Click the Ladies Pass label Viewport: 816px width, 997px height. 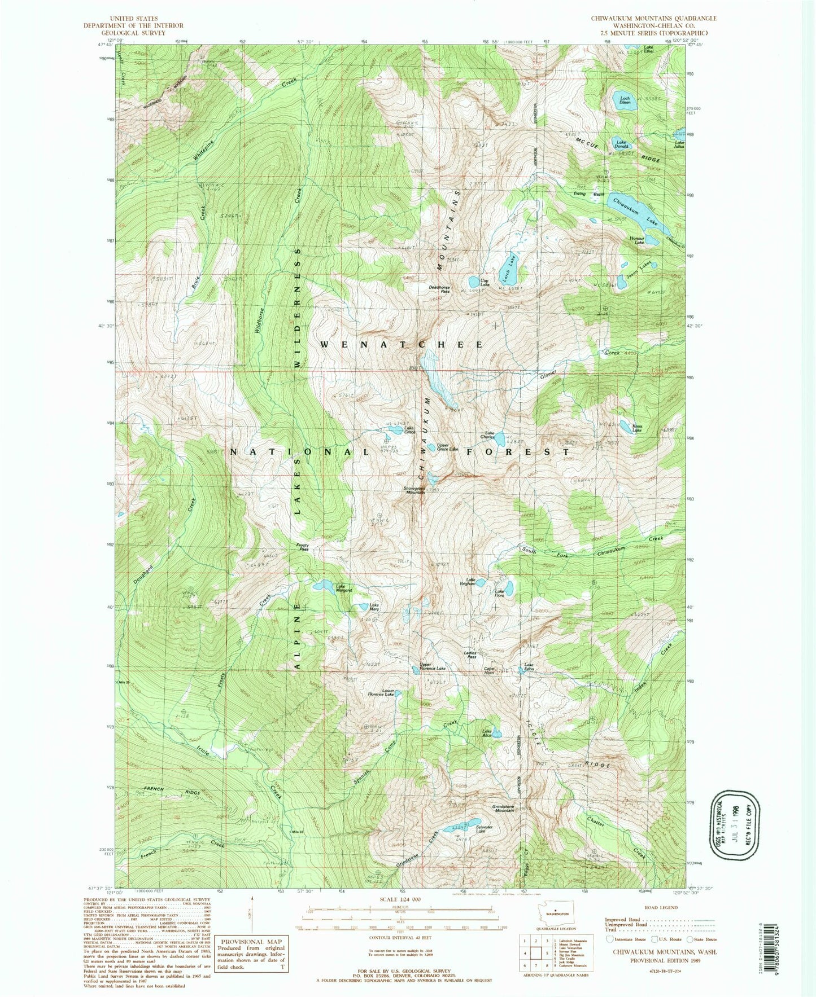(470, 656)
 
